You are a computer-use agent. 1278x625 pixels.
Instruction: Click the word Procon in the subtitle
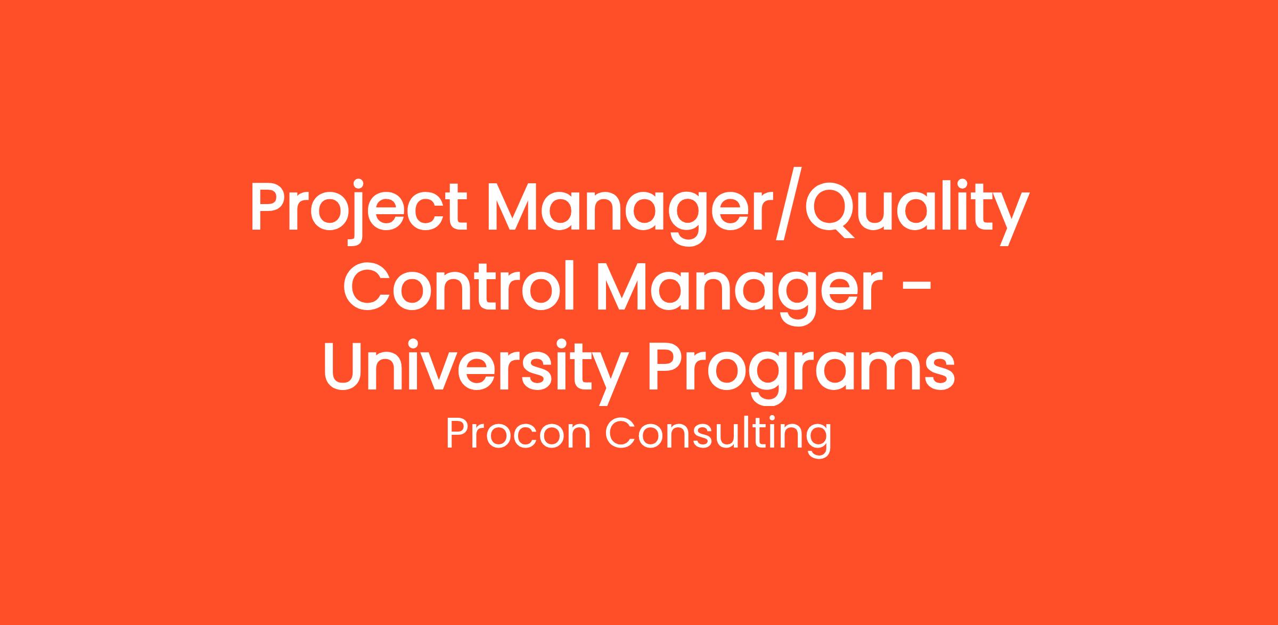click(518, 433)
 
